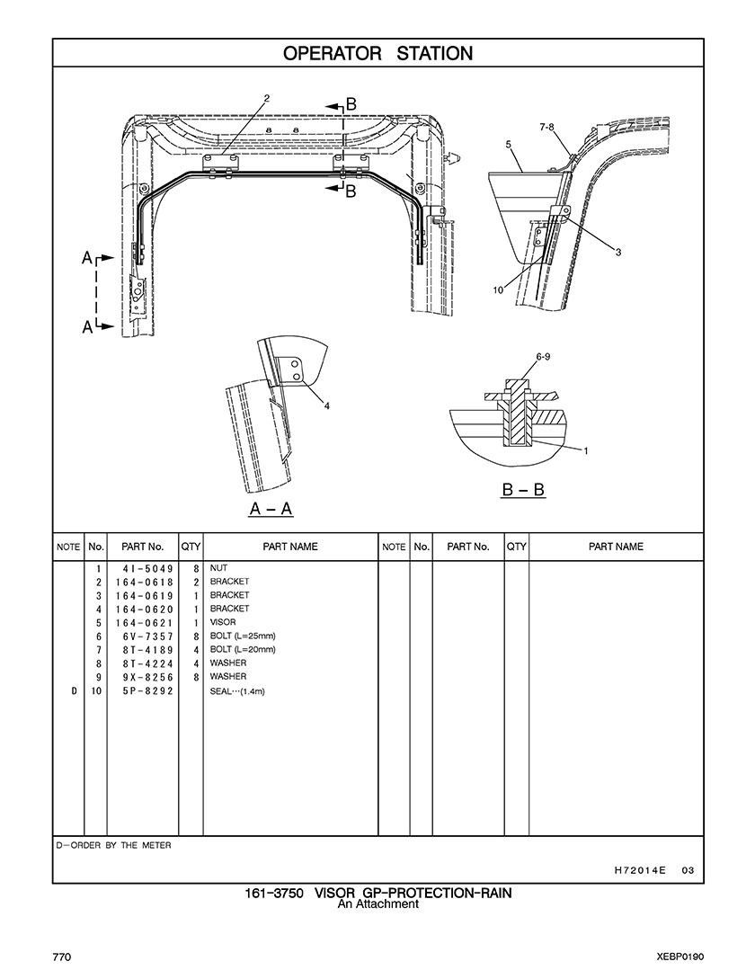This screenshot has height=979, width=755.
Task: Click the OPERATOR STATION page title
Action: [377, 53]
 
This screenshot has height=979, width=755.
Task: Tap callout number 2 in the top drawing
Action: [267, 98]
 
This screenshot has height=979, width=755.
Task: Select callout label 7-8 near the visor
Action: [546, 128]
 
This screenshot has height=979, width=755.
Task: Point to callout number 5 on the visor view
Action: [509, 144]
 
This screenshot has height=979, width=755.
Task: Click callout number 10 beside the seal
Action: [498, 289]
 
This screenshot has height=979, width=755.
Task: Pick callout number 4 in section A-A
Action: [327, 405]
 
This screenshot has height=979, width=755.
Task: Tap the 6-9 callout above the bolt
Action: [543, 357]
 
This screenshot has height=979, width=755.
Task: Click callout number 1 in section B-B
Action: [586, 451]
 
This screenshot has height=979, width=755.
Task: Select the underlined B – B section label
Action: [524, 491]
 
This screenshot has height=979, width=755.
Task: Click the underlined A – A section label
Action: [271, 509]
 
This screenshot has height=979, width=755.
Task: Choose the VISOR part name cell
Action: [223, 622]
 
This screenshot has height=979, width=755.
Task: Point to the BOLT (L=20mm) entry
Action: [243, 649]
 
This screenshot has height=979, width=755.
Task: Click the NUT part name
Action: [218, 568]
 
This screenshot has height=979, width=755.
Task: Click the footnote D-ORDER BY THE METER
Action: [113, 845]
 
